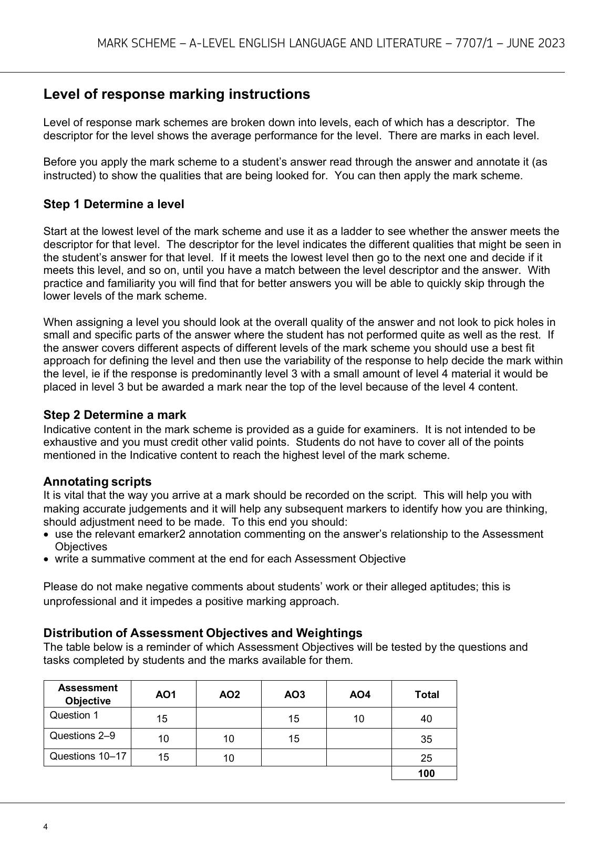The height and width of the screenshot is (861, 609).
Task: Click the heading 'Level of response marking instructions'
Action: click(177, 95)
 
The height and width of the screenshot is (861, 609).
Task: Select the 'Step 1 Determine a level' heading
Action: click(113, 204)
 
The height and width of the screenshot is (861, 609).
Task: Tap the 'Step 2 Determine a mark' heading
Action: click(115, 415)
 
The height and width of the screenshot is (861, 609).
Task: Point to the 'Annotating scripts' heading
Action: click(97, 482)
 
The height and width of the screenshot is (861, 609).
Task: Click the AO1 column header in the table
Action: click(166, 695)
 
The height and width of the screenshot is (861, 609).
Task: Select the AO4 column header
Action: click(359, 695)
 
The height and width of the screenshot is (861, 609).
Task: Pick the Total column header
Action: click(426, 695)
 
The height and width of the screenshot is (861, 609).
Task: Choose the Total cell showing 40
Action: click(426, 719)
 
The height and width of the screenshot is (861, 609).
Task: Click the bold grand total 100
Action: click(426, 773)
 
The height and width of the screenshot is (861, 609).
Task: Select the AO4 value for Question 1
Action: click(359, 719)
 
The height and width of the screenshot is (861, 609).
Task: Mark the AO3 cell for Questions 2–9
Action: click(294, 739)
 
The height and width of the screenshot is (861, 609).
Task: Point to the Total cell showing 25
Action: click(426, 758)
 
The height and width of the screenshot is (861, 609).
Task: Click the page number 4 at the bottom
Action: click(46, 827)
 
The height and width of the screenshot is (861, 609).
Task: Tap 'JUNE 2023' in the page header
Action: click(535, 44)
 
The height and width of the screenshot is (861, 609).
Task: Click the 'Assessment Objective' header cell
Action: click(88, 694)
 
